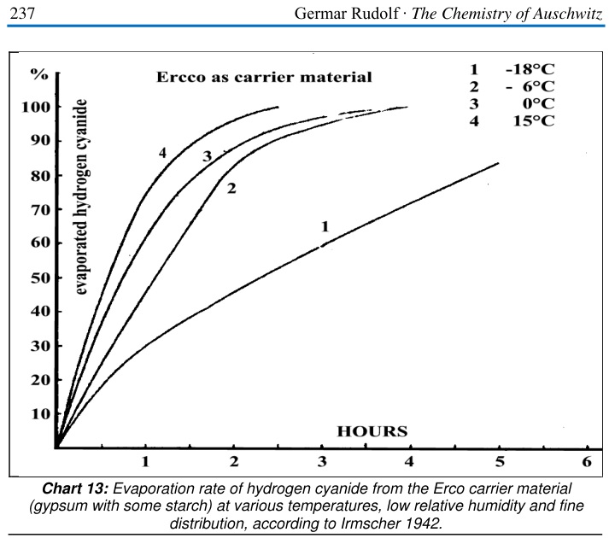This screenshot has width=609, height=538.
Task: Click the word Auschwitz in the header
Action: coord(563,12)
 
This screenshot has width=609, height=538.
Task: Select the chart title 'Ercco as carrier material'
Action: coord(264,78)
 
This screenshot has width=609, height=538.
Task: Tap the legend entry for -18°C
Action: coord(512,68)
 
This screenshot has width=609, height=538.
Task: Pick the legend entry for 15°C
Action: coord(512,121)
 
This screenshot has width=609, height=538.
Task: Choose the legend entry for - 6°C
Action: coord(512,86)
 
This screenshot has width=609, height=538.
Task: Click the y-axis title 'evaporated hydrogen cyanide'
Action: coord(84,196)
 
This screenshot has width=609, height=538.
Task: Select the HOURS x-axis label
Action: coord(372,430)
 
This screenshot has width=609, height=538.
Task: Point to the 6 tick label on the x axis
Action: coord(586,462)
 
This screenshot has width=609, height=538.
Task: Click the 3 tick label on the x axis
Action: coord(322,462)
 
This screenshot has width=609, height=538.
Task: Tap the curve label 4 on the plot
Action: coord(161,153)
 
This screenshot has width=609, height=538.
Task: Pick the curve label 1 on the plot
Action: coord(324,226)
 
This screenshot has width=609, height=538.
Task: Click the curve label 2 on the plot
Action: coord(231,188)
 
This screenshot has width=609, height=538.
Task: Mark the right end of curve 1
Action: coord(497,163)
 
